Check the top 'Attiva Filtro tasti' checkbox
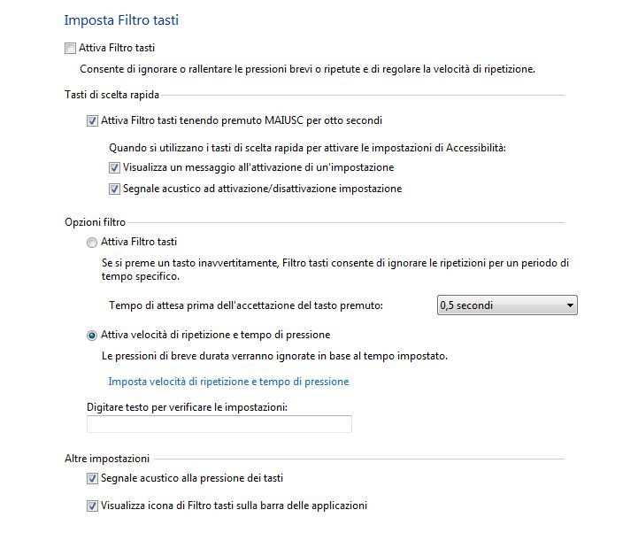(x=71, y=48)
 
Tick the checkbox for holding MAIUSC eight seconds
(x=93, y=120)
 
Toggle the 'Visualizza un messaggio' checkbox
(x=114, y=167)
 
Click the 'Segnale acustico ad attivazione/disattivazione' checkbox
(x=114, y=189)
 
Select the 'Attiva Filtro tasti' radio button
(x=92, y=242)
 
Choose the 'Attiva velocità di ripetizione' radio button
(x=92, y=336)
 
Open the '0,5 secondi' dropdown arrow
(x=570, y=306)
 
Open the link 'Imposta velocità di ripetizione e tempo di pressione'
(x=228, y=382)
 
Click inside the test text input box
(x=219, y=425)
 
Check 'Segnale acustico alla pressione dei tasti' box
(x=93, y=479)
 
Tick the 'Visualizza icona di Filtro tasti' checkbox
(x=93, y=506)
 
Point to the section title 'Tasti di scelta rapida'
(x=111, y=95)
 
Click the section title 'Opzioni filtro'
(x=95, y=222)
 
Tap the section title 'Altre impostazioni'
(x=107, y=458)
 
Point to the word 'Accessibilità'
(x=481, y=148)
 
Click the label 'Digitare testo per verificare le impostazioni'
(x=188, y=407)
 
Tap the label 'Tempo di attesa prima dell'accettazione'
(x=246, y=305)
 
